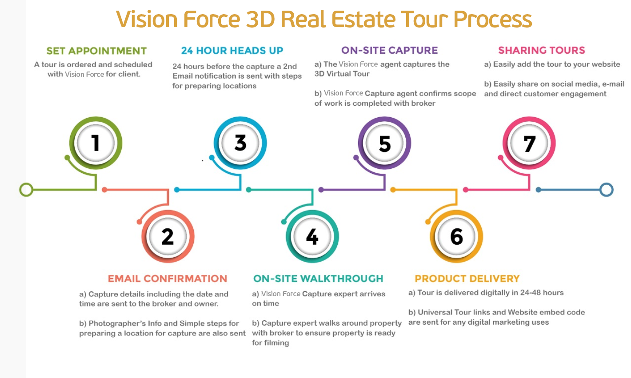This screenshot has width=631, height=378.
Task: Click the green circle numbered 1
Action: [96, 143]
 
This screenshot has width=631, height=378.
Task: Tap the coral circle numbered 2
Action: [168, 236]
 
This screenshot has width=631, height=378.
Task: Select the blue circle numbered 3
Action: [240, 143]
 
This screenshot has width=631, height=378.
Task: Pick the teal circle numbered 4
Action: [312, 236]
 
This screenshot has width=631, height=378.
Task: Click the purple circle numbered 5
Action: [384, 143]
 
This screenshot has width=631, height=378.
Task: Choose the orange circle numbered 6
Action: [457, 236]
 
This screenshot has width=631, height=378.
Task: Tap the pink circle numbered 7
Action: [529, 143]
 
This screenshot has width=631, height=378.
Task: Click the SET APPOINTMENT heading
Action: [96, 51]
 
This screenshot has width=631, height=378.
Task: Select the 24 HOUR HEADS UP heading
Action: [232, 51]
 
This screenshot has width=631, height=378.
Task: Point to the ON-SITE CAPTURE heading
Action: [390, 51]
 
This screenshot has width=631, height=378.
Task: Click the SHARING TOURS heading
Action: [542, 51]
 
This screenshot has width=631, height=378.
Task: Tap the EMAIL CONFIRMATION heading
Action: [168, 279]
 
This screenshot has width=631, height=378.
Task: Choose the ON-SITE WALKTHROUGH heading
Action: [318, 279]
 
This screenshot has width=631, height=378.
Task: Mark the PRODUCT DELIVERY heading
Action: [467, 279]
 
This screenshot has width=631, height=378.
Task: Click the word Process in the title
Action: [493, 20]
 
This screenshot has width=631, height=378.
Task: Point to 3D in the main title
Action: [260, 19]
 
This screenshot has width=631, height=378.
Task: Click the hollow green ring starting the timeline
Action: [26, 190]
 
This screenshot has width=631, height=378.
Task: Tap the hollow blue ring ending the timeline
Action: [607, 190]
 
